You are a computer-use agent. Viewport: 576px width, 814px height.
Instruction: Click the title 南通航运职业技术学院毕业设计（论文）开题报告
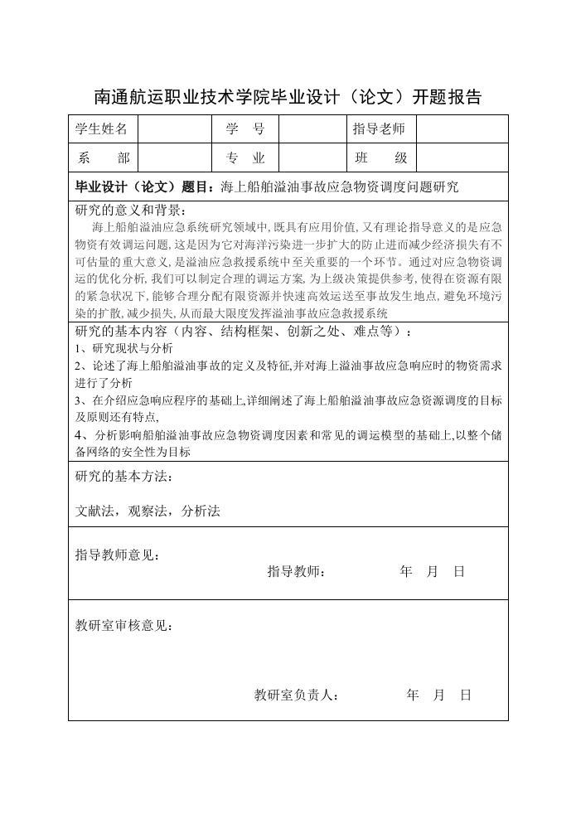click(x=288, y=97)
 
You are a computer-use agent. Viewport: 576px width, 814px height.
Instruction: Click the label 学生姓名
click(x=102, y=129)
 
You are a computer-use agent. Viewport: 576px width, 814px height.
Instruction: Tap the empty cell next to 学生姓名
click(x=175, y=129)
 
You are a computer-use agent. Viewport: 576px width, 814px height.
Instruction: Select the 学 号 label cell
click(x=244, y=129)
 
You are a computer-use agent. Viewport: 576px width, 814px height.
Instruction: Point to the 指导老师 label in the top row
click(x=379, y=129)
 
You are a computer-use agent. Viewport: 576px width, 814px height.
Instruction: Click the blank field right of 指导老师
click(x=461, y=129)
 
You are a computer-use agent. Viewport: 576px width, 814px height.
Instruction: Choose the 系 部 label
click(x=102, y=157)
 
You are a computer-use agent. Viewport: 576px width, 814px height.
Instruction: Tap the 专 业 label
click(x=244, y=157)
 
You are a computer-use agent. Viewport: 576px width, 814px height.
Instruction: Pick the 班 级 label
click(x=379, y=157)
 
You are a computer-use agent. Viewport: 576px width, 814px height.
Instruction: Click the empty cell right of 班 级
click(x=461, y=157)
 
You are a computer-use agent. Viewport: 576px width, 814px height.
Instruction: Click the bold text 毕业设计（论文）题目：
click(x=148, y=187)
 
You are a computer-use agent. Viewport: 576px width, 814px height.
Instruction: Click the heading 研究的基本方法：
click(x=124, y=477)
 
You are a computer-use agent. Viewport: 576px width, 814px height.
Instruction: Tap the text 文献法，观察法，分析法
click(x=148, y=511)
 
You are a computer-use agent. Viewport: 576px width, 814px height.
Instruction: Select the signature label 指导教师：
click(x=297, y=572)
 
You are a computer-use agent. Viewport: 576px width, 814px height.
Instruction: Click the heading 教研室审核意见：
click(x=124, y=626)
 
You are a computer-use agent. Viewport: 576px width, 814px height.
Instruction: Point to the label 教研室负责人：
click(x=296, y=695)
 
